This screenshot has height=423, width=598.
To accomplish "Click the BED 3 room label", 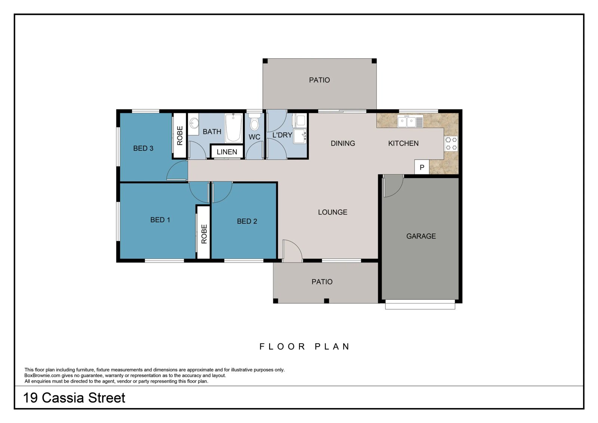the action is point(143,148).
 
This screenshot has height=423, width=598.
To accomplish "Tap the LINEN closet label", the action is point(226,152).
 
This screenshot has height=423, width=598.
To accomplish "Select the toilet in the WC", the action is point(255,122).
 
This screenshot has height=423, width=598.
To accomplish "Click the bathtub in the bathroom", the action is point(233,128).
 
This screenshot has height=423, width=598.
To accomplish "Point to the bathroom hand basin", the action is point(194,124).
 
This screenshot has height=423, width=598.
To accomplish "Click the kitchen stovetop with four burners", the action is point(451,144).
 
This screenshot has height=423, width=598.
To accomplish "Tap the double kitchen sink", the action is point(410,122).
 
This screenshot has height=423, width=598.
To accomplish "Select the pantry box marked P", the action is point(422,167).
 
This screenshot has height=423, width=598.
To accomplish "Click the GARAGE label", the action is point(421,236).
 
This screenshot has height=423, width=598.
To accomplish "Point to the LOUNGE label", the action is point(333,212).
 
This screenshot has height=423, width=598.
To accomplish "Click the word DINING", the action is point(343,144).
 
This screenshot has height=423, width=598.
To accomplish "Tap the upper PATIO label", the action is point(319,80).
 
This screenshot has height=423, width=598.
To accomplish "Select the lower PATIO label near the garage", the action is point(322,282).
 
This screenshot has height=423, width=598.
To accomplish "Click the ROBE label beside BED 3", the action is point(180,136).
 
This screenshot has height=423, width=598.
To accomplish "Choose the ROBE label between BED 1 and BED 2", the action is point(204,234).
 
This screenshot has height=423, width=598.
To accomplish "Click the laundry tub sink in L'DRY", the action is point(299,136).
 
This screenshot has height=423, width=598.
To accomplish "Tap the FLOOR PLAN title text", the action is point(304,347).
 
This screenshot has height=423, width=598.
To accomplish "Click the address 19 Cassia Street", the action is point(74,398).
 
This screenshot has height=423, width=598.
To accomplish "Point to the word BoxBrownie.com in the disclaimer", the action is point(42,376).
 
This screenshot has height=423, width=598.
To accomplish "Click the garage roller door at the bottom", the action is point(420,304).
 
